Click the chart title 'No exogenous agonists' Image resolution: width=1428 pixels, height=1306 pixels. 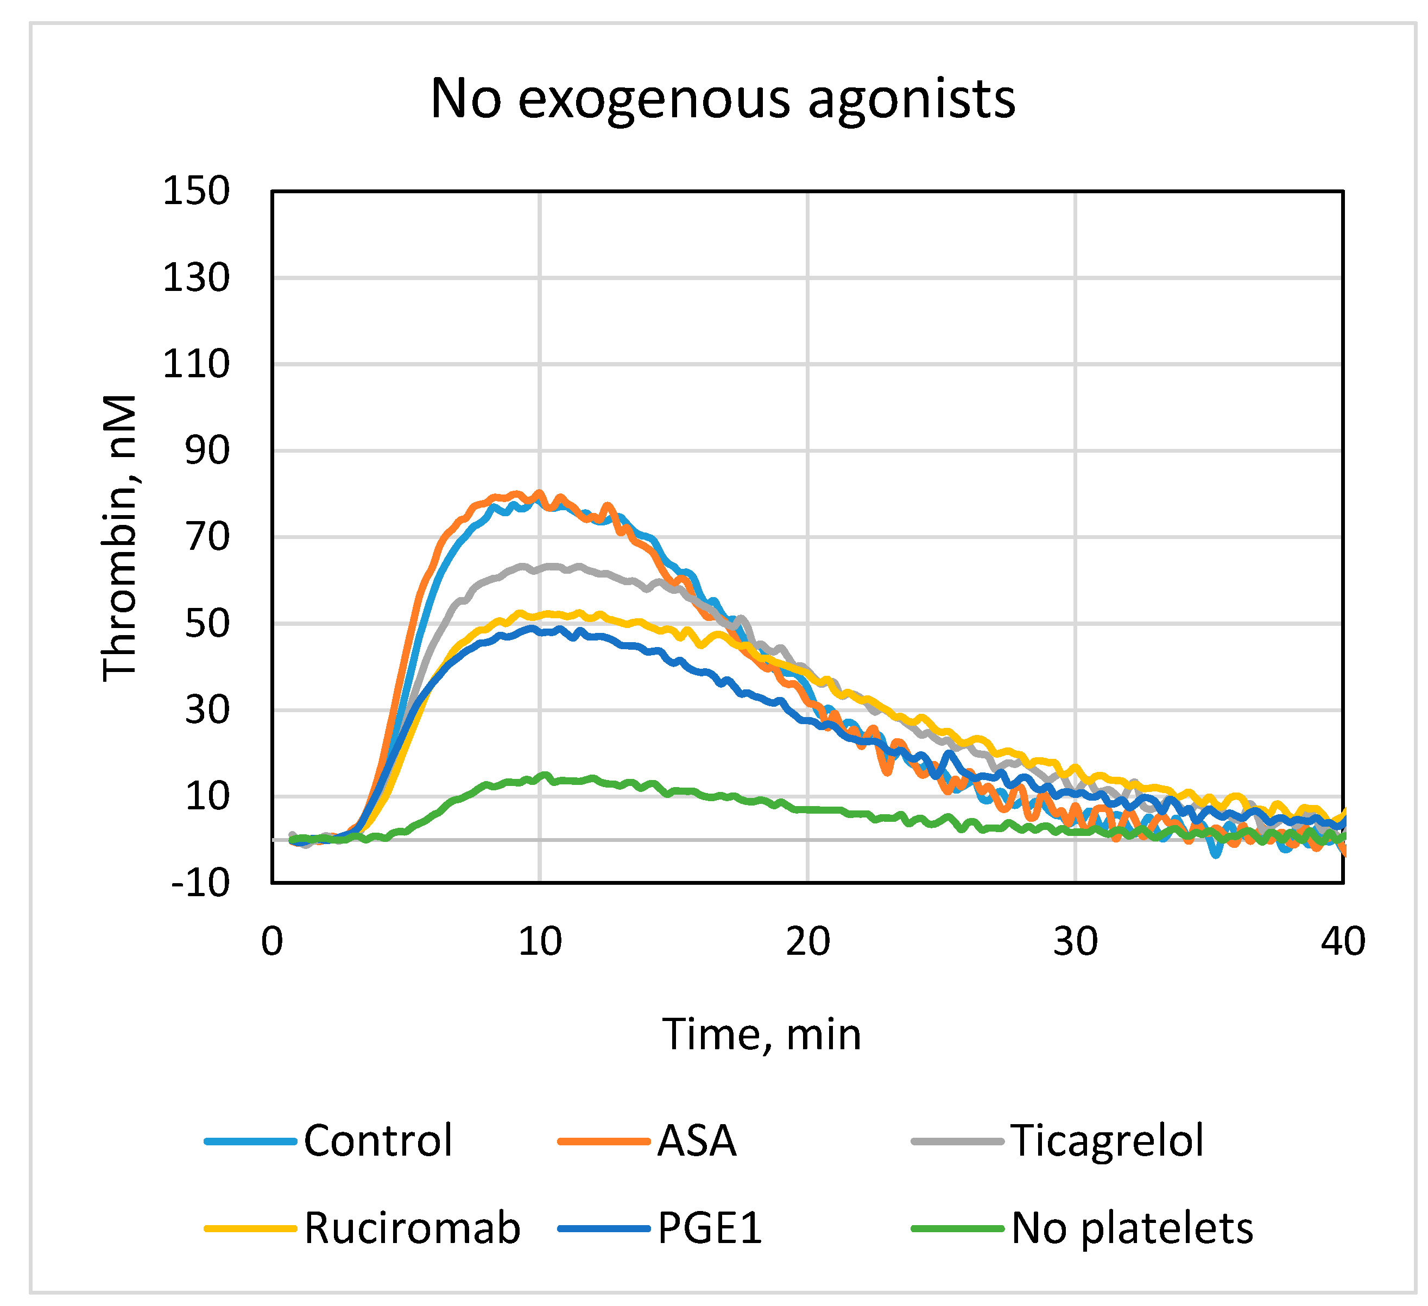723,99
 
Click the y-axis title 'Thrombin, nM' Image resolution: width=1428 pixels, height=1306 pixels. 119,538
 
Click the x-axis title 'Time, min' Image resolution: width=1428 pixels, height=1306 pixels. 761,1035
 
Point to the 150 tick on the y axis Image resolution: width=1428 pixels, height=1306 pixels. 196,191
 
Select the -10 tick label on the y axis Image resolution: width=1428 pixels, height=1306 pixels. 200,883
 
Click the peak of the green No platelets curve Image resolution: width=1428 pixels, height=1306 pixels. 545,775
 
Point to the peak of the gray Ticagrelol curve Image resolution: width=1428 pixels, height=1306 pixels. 553,565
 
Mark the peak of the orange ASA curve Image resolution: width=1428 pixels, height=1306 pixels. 540,492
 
